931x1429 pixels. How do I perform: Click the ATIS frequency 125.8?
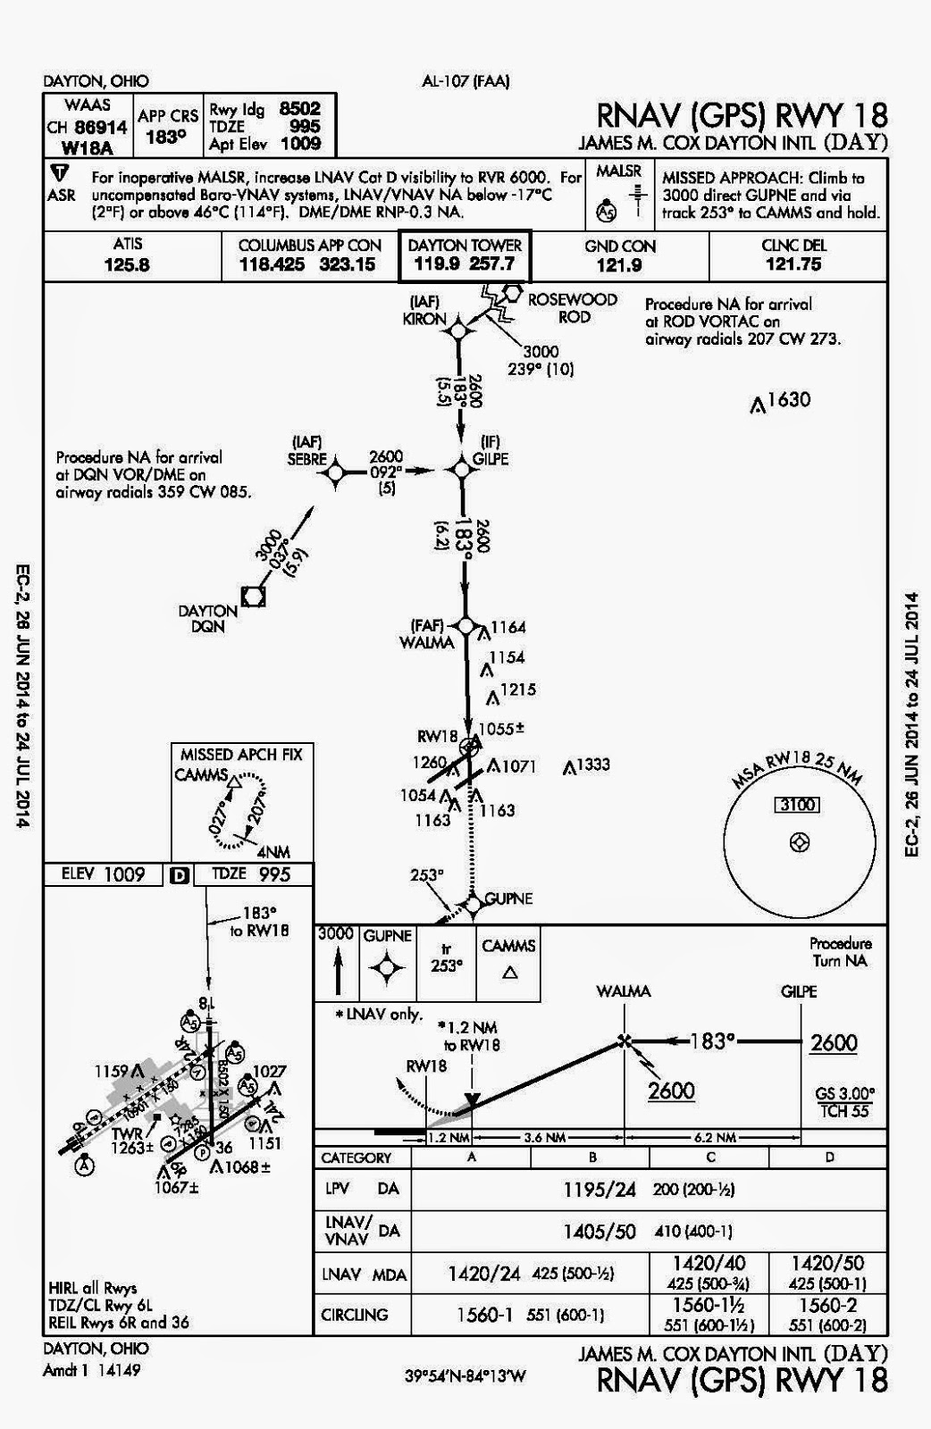(x=128, y=264)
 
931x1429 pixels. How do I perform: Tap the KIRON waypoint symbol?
(x=457, y=330)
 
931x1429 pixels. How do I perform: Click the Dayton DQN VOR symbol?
(x=254, y=596)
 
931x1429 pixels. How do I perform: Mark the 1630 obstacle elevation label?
(x=788, y=399)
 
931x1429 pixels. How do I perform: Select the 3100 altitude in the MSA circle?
(x=798, y=805)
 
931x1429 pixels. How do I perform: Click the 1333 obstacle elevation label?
(x=592, y=764)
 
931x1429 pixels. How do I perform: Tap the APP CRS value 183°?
(x=167, y=137)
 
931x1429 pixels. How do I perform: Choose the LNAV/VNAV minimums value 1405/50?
(x=600, y=1232)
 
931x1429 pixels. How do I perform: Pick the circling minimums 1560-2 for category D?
(x=830, y=1305)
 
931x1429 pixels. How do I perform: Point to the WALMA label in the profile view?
(x=624, y=991)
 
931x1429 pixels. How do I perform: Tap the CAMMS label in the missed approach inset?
(x=201, y=774)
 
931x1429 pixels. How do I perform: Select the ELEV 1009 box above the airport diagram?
(x=104, y=874)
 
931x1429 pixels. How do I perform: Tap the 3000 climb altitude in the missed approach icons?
(x=336, y=935)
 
